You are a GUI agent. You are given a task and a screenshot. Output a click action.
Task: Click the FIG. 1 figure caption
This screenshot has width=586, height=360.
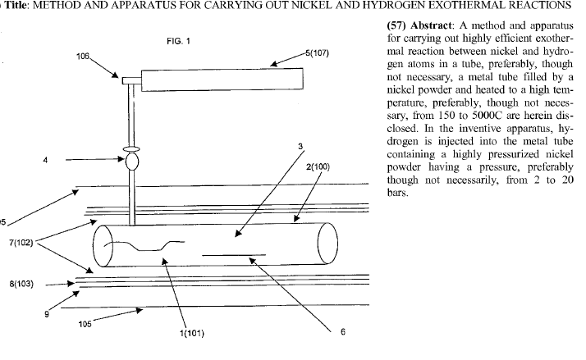(178, 40)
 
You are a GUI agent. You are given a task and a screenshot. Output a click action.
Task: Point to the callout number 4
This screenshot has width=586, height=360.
(45, 161)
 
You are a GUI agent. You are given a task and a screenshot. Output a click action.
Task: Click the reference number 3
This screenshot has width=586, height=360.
(300, 147)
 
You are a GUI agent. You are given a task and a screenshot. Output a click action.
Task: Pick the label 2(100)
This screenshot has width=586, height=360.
(317, 166)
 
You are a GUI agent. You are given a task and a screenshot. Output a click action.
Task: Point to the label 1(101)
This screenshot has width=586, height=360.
(193, 333)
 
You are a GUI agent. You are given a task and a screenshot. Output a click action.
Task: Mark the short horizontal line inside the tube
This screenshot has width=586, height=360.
(233, 256)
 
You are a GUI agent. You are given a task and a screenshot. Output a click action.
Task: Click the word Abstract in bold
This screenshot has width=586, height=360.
(426, 24)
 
